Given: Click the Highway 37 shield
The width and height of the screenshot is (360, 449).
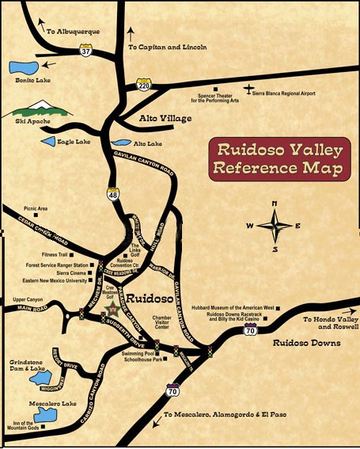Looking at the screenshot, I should click(x=85, y=51).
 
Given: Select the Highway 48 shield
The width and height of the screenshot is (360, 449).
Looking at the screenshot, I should click(x=113, y=192).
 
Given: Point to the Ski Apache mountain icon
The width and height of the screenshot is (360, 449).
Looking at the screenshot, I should click(x=38, y=106).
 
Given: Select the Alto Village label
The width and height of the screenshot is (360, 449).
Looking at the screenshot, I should click(x=165, y=119).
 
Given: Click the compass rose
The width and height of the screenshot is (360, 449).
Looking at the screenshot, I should click(x=275, y=226).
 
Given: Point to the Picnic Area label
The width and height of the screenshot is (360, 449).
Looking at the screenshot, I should click(x=36, y=208).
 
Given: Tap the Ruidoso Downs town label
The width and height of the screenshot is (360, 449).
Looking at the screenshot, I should click(x=306, y=344).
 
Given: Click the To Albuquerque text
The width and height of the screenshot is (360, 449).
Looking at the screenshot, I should click(x=73, y=32).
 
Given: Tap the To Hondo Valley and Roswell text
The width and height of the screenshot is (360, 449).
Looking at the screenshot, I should click(x=331, y=322).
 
